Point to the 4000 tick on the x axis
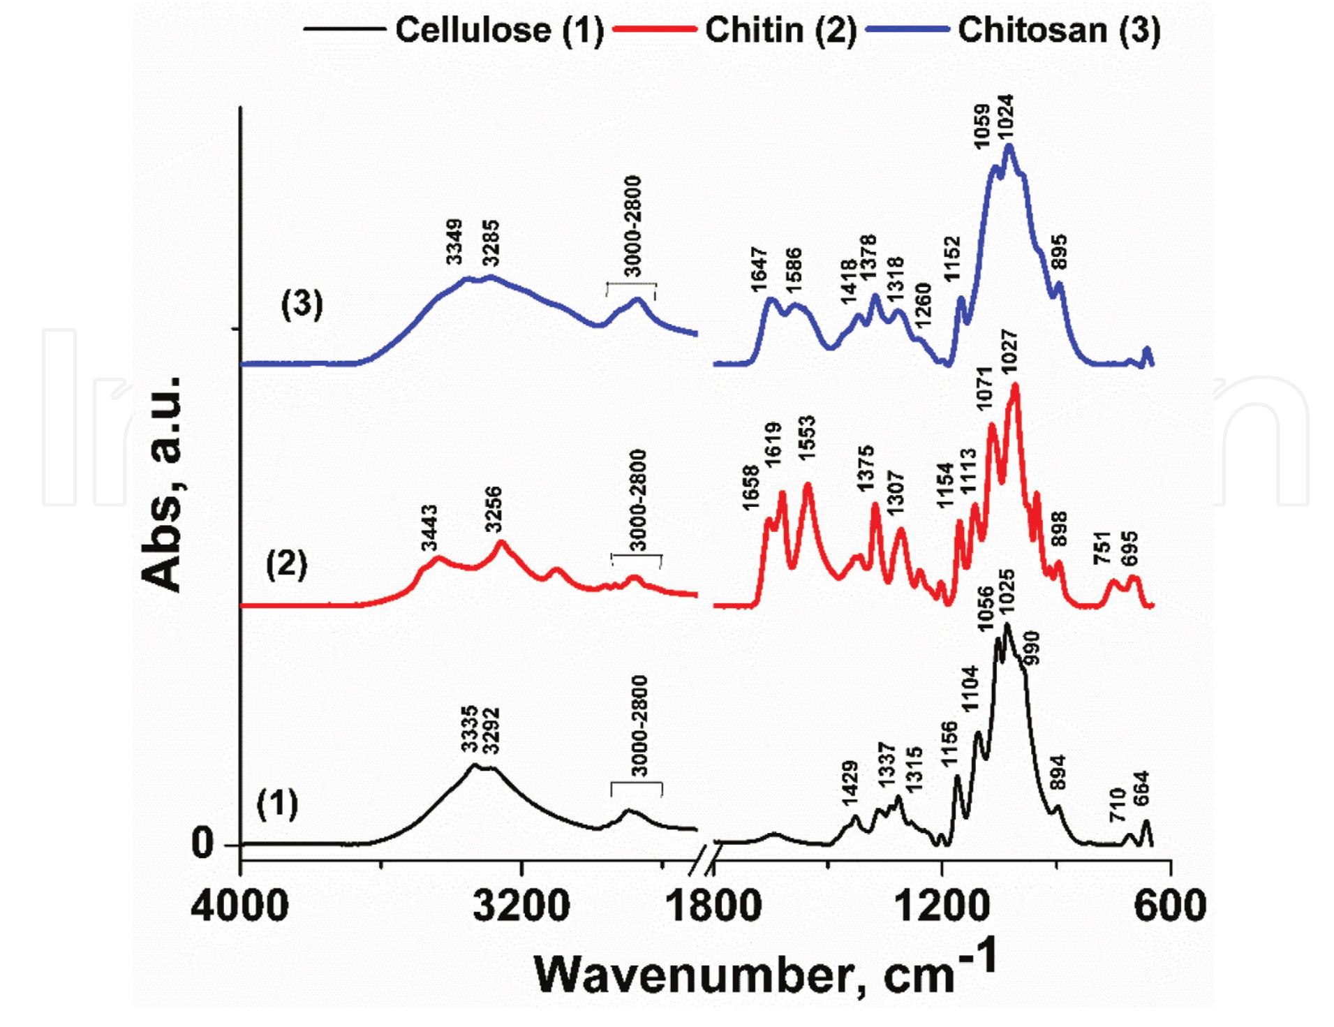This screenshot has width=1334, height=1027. tap(239, 906)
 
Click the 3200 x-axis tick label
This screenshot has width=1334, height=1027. tap(521, 906)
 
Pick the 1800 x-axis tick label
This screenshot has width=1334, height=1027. tap(711, 906)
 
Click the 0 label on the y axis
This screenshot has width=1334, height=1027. tap(202, 844)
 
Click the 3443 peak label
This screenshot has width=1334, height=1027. tap(429, 528)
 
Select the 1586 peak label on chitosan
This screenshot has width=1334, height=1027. tap(794, 270)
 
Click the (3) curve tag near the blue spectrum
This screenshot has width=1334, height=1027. tap(302, 305)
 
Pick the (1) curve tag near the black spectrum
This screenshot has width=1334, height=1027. tap(277, 804)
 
